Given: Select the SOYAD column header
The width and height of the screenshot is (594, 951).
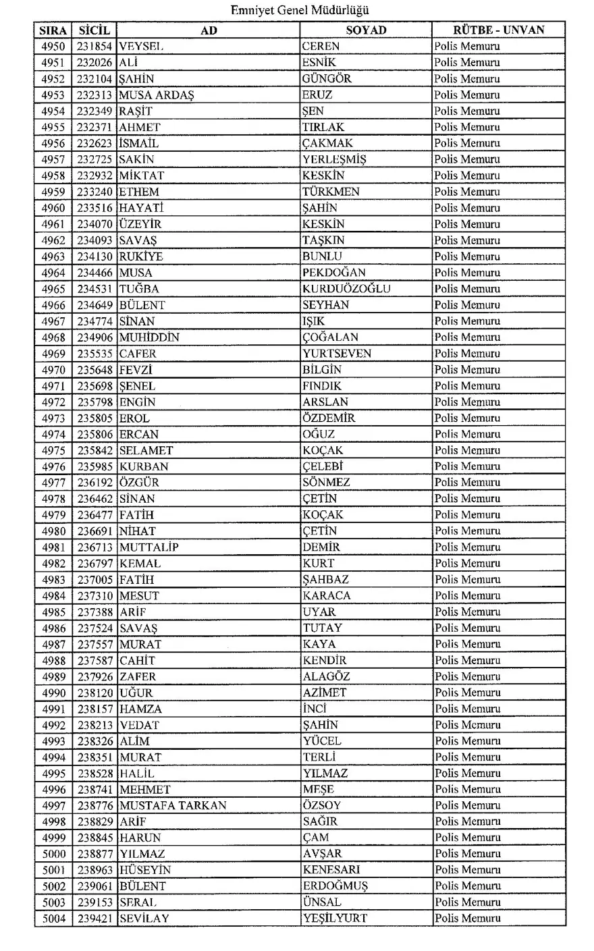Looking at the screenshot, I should click(x=366, y=30).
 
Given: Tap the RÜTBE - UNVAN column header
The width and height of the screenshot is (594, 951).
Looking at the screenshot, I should click(x=498, y=30).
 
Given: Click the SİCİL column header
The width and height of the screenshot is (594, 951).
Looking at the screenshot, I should click(x=94, y=30).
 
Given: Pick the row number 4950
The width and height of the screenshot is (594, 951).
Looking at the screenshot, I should click(x=53, y=47).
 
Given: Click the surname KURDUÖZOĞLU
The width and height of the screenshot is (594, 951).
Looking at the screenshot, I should click(x=346, y=289).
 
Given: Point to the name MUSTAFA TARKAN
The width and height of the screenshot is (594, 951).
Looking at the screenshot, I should click(x=173, y=805).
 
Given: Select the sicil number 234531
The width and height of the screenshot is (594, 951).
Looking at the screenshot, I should click(x=94, y=289).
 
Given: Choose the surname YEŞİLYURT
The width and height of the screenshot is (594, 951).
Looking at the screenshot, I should click(x=335, y=919).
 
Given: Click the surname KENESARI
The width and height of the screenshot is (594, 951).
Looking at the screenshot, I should click(x=331, y=870).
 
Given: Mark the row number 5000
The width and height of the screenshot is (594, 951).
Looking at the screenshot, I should click(x=53, y=854).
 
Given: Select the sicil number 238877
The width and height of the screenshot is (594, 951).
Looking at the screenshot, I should click(x=94, y=854).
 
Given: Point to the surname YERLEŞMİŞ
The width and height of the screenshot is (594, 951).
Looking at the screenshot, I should click(x=334, y=160).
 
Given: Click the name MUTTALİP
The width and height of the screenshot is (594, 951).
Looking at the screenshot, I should click(x=149, y=547).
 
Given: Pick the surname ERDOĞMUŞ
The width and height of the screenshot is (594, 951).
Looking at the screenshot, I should click(x=335, y=886).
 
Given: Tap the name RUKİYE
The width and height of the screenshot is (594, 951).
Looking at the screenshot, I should click(x=141, y=256).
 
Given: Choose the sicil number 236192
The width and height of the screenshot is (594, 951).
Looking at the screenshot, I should click(x=94, y=483).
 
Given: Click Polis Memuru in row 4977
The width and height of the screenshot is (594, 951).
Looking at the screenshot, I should click(x=467, y=483).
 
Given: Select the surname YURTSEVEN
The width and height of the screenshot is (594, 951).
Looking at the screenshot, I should click(x=336, y=354).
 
